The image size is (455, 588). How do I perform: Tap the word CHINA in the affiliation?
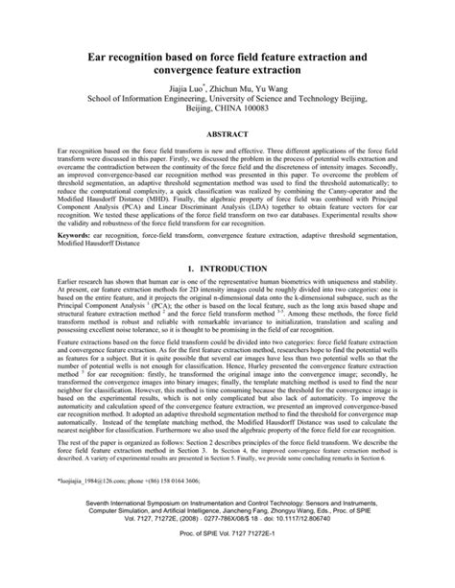coord(238,108)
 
